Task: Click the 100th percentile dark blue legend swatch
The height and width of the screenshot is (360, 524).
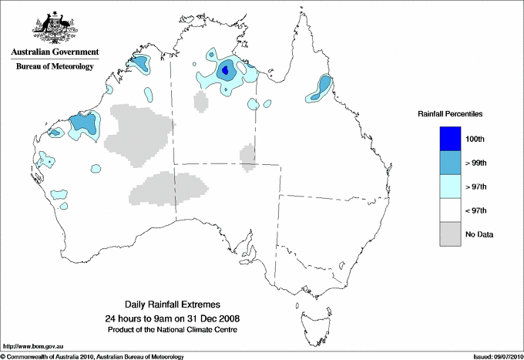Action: click(451, 139)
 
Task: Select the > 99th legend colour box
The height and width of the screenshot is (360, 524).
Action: click(451, 163)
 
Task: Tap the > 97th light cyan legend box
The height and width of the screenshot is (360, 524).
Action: click(451, 187)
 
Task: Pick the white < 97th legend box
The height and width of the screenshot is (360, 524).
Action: click(451, 210)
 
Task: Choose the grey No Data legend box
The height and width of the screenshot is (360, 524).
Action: click(451, 234)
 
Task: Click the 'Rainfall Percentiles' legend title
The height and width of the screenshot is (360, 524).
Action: click(450, 113)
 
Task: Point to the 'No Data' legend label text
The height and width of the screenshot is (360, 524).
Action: click(479, 234)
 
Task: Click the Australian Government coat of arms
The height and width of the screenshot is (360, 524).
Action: click(54, 26)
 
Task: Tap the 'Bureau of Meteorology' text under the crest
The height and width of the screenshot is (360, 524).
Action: click(54, 67)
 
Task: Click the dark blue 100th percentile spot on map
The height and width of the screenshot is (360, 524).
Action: click(225, 71)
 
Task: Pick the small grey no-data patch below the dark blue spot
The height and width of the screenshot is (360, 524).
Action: click(202, 101)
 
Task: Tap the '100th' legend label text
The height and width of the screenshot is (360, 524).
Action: click(475, 139)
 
